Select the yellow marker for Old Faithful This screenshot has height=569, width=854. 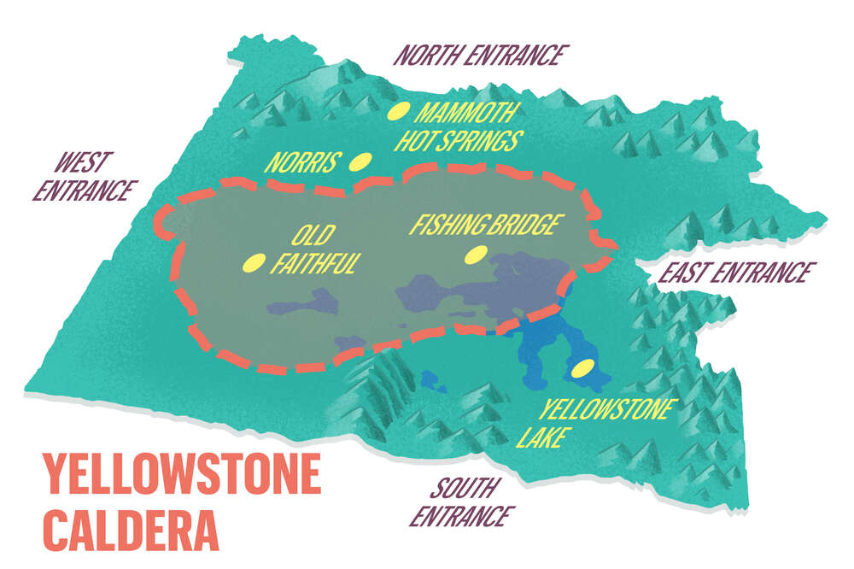254,263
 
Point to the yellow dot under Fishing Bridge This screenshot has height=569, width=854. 475,254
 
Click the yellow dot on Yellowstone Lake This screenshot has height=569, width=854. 583,369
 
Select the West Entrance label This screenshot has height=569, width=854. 84,176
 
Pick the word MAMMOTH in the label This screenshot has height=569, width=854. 466,113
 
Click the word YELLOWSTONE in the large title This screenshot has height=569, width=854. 181,473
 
